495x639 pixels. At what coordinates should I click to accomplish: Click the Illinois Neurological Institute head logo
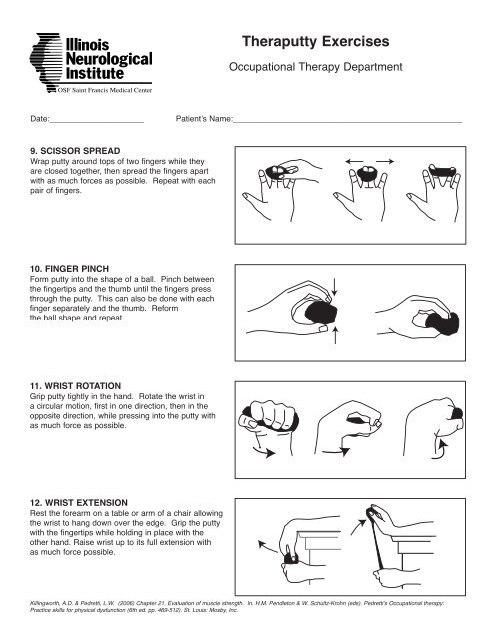pos(46,62)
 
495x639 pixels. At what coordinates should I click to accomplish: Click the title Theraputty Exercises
pos(315,42)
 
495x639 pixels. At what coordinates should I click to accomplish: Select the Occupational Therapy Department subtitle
pos(315,67)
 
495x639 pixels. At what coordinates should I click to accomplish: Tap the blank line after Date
pos(97,122)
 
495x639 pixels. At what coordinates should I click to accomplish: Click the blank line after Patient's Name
pos(347,122)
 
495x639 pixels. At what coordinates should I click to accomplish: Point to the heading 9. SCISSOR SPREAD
pos(75,151)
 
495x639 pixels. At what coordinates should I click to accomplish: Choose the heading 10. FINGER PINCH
pos(69,269)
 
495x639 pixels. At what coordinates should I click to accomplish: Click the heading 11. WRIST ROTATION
pos(75,386)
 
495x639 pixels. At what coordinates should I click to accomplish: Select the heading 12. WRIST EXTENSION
pos(79,503)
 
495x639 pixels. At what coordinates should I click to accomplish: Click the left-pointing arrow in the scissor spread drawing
pos(354,162)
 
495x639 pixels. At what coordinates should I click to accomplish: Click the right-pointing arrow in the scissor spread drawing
pos(385,162)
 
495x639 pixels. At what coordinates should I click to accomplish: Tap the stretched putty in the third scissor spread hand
pos(442,170)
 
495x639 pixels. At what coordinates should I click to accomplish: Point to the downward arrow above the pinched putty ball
pos(335,287)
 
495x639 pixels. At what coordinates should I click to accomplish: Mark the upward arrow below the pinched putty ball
pos(335,335)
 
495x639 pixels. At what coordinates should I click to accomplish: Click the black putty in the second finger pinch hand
pos(443,323)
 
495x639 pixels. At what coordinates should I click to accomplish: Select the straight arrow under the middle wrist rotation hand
pos(335,451)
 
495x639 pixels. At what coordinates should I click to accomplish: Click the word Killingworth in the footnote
pos(45,603)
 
